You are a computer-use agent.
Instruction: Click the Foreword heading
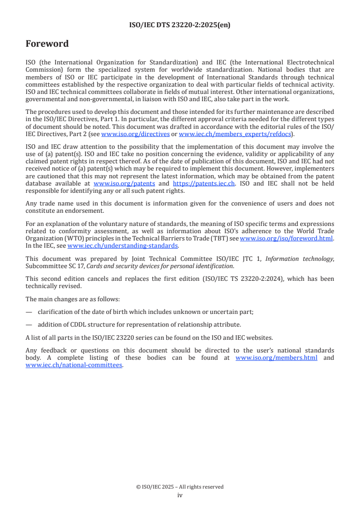[47, 44]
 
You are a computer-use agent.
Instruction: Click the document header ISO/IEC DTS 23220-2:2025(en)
[180, 25]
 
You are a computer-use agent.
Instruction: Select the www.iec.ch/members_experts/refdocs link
[235, 134]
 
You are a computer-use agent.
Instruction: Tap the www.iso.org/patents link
[124, 184]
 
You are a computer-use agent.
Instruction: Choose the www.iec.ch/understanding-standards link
[123, 245]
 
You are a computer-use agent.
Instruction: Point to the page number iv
[180, 495]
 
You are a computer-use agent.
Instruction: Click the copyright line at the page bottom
[180, 487]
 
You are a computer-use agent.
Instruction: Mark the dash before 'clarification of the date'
[29, 312]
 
